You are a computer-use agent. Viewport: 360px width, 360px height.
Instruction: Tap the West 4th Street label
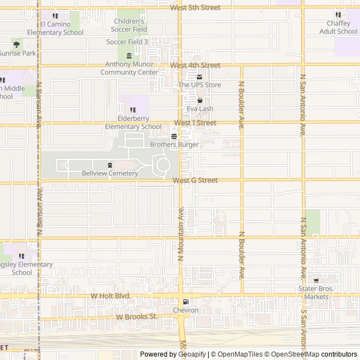195,65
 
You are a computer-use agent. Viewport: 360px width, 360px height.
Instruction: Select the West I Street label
195,123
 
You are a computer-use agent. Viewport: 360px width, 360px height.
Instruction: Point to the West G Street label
195,181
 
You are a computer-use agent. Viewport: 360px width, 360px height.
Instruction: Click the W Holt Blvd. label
111,295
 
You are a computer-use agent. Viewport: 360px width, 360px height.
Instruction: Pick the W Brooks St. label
137,317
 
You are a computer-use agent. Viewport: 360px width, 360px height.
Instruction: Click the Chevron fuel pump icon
185,301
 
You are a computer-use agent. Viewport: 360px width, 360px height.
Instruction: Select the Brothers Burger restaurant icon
174,136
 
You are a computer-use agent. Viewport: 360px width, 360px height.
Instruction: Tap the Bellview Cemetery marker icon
110,165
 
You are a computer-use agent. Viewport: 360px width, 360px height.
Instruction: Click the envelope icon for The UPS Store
199,76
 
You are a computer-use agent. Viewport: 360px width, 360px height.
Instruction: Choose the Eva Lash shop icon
199,101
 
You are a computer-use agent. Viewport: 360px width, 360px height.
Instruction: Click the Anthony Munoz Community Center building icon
129,56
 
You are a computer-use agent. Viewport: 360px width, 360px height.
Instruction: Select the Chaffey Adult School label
339,28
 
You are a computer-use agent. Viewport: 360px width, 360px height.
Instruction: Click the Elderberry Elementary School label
133,123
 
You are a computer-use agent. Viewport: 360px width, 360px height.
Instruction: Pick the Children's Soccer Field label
129,25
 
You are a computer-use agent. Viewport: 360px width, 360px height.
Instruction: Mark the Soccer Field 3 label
127,42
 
